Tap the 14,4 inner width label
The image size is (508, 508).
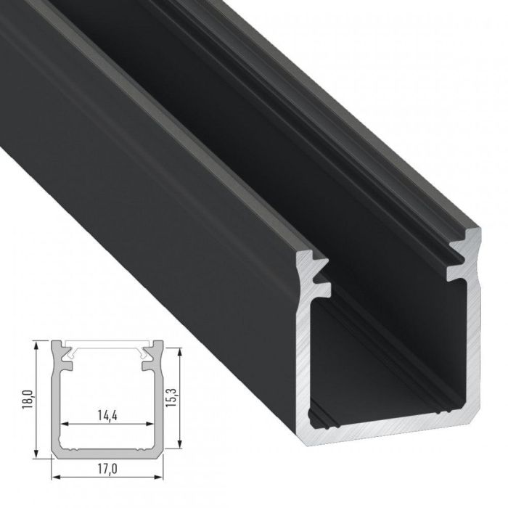click(x=107, y=416)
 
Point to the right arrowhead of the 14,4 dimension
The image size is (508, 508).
click(x=153, y=424)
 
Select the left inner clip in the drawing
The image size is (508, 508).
click(x=68, y=354)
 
